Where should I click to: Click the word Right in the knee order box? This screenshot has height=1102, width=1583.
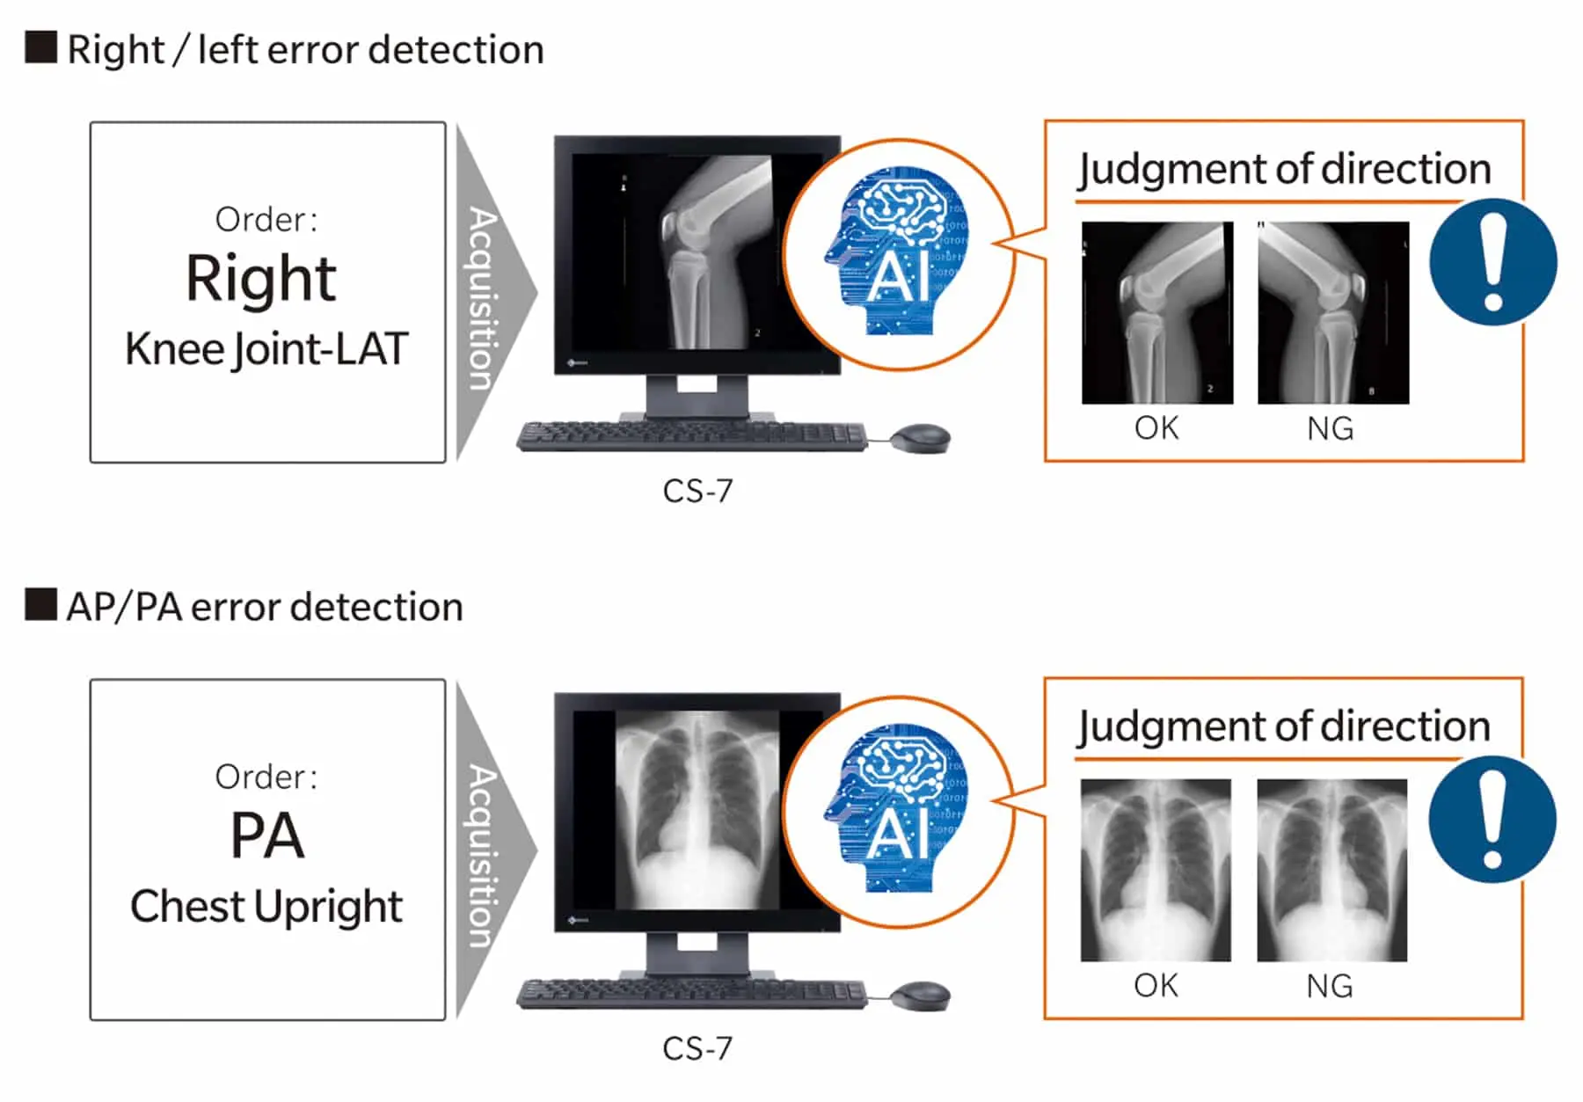[261, 280]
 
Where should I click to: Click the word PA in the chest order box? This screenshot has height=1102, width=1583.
[266, 836]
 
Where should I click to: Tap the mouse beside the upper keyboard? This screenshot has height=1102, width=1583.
[921, 438]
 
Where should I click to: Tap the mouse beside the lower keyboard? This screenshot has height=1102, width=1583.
[921, 996]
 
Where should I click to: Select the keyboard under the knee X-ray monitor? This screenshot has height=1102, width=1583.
[692, 436]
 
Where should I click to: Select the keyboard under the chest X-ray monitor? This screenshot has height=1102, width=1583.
[692, 994]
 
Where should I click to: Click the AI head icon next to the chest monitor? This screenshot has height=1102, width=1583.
[896, 810]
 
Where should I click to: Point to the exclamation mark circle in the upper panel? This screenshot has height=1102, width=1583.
[1492, 262]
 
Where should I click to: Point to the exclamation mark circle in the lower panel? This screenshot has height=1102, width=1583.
[1492, 820]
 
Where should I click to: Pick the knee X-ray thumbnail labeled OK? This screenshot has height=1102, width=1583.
[1157, 313]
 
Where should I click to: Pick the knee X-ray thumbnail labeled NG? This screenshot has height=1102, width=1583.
[1333, 313]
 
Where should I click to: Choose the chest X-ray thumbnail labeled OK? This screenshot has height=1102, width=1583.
[1156, 870]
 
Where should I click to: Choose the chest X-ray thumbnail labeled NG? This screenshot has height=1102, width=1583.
[1331, 870]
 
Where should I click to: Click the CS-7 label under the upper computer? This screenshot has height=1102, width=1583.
[697, 491]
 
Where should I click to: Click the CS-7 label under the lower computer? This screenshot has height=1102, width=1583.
[697, 1048]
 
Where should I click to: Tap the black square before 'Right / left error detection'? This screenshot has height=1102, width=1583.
[41, 47]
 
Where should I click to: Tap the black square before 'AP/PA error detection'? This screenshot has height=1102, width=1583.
[41, 604]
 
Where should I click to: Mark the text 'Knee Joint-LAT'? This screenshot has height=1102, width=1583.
[266, 350]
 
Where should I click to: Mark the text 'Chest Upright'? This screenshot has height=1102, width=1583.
[266, 907]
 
